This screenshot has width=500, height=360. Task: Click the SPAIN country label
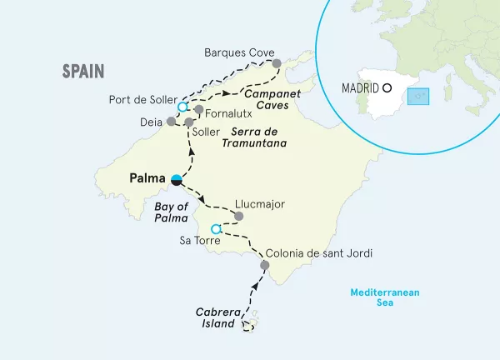coord(83,72)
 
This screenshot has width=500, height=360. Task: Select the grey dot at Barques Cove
coord(277,62)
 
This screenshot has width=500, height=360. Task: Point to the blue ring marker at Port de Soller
coord(182,107)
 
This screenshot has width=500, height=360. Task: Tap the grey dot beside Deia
coord(171,121)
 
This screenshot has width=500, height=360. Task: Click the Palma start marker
coord(177,179)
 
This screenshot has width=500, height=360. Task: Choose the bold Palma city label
coord(147,178)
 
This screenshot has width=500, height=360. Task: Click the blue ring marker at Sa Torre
coord(216,228)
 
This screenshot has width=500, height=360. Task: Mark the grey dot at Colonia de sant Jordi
coord(265,266)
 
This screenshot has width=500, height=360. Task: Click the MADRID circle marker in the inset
coord(387,87)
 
